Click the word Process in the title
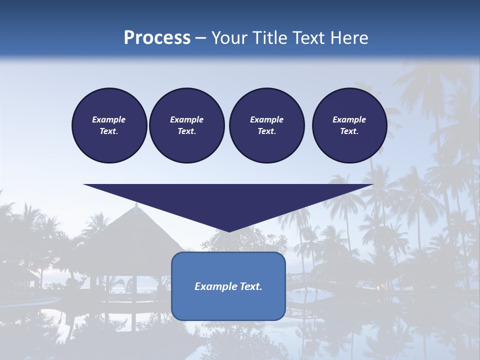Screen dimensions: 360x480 157,38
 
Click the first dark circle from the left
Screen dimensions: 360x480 109,125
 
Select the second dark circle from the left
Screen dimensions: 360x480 186,125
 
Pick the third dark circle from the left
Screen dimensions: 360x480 266,125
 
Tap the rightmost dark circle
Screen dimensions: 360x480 349,125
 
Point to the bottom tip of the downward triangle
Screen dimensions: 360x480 228,231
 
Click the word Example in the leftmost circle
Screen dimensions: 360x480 109,119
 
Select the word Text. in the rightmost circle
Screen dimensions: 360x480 349,131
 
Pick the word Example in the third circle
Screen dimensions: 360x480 266,119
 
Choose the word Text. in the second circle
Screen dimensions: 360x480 186,131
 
